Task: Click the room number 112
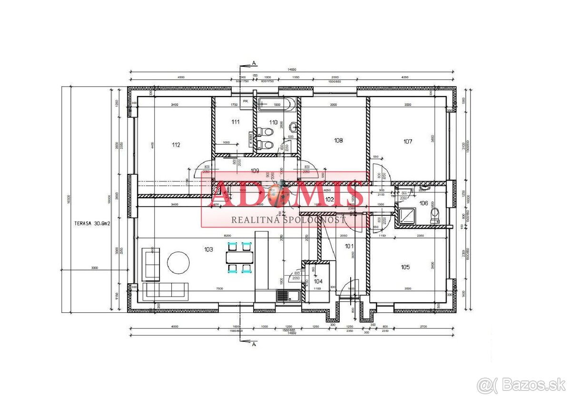coord(176,145)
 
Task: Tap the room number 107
coord(407,141)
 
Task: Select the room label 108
coord(338,140)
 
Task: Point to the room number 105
coord(405,267)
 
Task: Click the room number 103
coord(208,249)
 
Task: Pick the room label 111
coord(236,122)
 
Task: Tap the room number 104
coord(318,281)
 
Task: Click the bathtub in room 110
coord(277,104)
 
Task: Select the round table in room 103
coord(178,262)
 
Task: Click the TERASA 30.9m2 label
coord(92,223)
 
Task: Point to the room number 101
coord(349,246)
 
